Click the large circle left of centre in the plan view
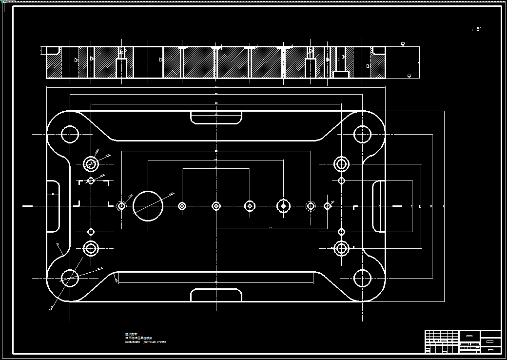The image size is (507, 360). tap(148, 206)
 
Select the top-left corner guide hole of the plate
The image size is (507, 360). tap(70, 134)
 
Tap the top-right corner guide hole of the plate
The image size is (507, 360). tap(362, 134)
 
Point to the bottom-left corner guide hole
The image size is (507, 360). tap(70, 278)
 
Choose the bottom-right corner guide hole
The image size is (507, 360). tap(362, 278)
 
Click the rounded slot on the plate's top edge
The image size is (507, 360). tap(216, 118)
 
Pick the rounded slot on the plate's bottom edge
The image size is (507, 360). tap(216, 295)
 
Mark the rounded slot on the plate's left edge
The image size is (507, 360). tap(53, 206)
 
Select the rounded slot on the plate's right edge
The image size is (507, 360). tap(379, 206)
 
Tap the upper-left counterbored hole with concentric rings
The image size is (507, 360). tap(91, 164)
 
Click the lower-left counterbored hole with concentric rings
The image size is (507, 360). tap(91, 248)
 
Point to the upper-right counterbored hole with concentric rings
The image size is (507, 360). tap(341, 164)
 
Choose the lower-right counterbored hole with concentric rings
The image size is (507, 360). tap(341, 248)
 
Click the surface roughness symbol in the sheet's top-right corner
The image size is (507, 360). tap(476, 30)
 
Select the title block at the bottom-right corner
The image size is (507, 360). tap(463, 341)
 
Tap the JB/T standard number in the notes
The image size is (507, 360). tap(155, 342)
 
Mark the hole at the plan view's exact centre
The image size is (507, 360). tap(216, 206)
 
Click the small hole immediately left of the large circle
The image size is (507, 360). tap(122, 206)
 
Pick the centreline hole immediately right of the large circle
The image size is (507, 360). tap(182, 206)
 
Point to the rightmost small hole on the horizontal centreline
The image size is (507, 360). tap(328, 206)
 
